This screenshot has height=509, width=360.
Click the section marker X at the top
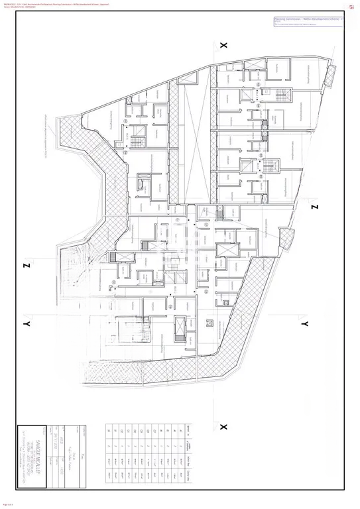tap(223, 45)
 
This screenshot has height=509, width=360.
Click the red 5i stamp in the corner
tap(351, 7)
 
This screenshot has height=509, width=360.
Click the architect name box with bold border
tap(32, 457)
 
